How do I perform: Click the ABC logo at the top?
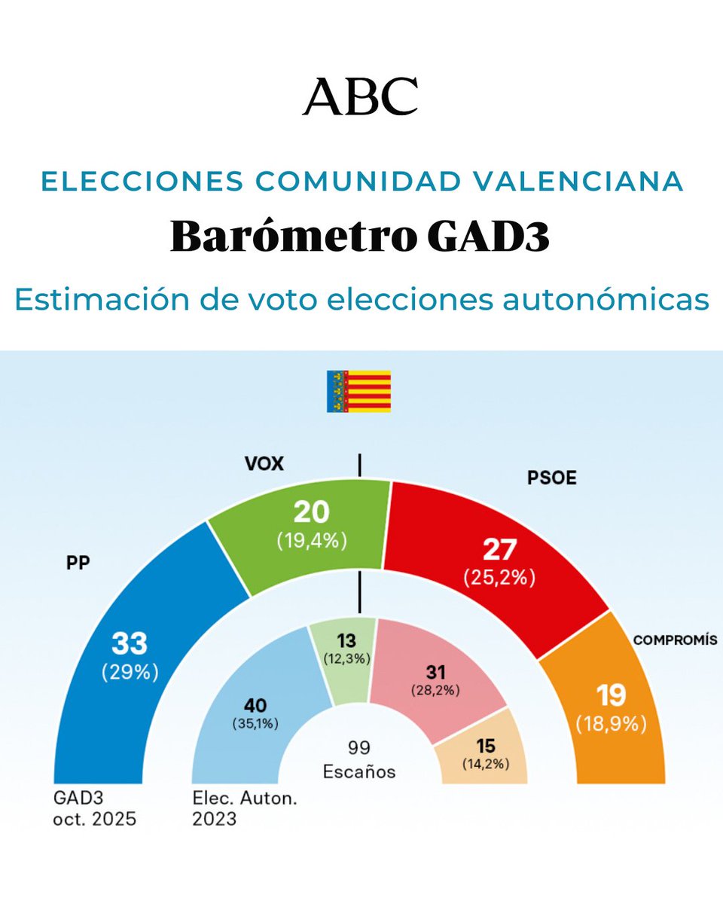tap(360, 96)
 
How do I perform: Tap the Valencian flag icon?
tap(358, 391)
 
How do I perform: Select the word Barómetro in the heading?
tap(288, 237)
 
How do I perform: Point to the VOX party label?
tap(264, 463)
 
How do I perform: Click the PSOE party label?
tap(552, 478)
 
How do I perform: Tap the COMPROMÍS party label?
tap(675, 640)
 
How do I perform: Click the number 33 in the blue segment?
tap(130, 644)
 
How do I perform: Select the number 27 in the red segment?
tap(499, 550)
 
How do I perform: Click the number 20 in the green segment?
tap(311, 513)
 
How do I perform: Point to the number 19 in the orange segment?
tap(612, 695)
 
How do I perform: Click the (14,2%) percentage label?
tap(485, 764)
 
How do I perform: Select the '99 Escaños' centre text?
tap(359, 759)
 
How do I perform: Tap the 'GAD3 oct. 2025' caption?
tap(94, 808)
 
